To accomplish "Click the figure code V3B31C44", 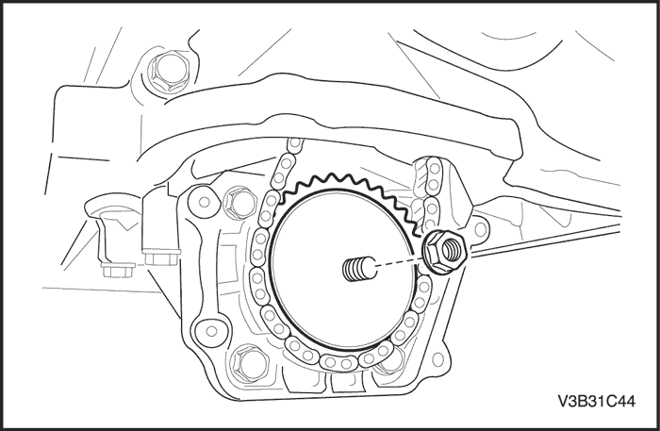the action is coord(597,401).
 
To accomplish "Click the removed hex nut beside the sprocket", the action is coord(445,252).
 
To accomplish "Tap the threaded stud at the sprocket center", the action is coord(359,269).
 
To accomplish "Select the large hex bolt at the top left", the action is coord(168,72).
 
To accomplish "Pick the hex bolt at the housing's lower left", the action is coord(250,365).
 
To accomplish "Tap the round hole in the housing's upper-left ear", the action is coord(205,202).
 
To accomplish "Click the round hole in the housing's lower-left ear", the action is coord(211,331).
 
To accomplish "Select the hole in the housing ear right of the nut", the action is coord(479,230).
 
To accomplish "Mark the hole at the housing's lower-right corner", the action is coord(437,359).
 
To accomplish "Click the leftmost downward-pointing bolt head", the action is coord(118,271).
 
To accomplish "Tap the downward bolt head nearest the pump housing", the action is coord(161,257).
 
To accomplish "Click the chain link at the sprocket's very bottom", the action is coord(338,361).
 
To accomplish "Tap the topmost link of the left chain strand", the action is coord(295,144).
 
